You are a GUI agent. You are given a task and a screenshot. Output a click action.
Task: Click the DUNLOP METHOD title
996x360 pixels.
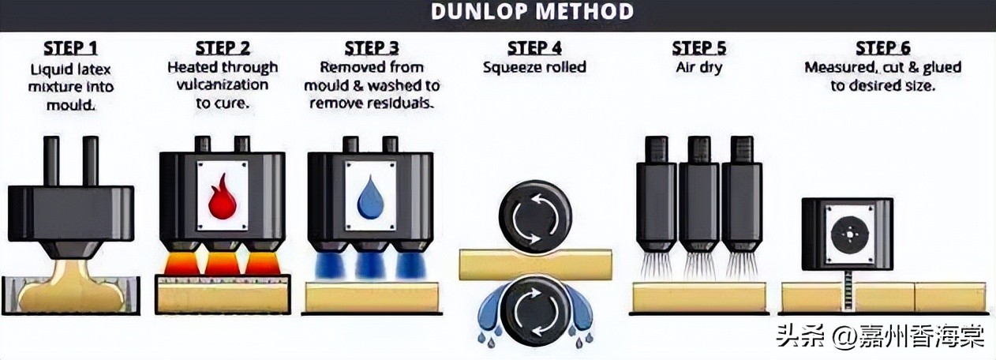[x=532, y=13]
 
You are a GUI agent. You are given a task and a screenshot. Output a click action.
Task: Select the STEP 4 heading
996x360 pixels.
[x=534, y=48]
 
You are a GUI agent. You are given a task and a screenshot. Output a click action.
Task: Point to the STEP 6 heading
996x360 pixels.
[x=882, y=48]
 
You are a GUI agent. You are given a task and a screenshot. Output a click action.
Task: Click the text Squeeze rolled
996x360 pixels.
[x=534, y=67]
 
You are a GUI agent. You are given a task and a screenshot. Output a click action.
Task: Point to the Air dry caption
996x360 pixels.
[x=698, y=67]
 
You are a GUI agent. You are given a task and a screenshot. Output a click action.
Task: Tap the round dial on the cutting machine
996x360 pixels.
[x=847, y=234]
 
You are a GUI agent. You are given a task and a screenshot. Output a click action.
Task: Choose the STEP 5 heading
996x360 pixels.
[x=698, y=48]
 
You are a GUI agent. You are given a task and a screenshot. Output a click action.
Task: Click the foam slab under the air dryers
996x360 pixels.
[x=698, y=297]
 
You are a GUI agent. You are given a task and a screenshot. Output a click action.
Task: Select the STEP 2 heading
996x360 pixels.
[x=223, y=48]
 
